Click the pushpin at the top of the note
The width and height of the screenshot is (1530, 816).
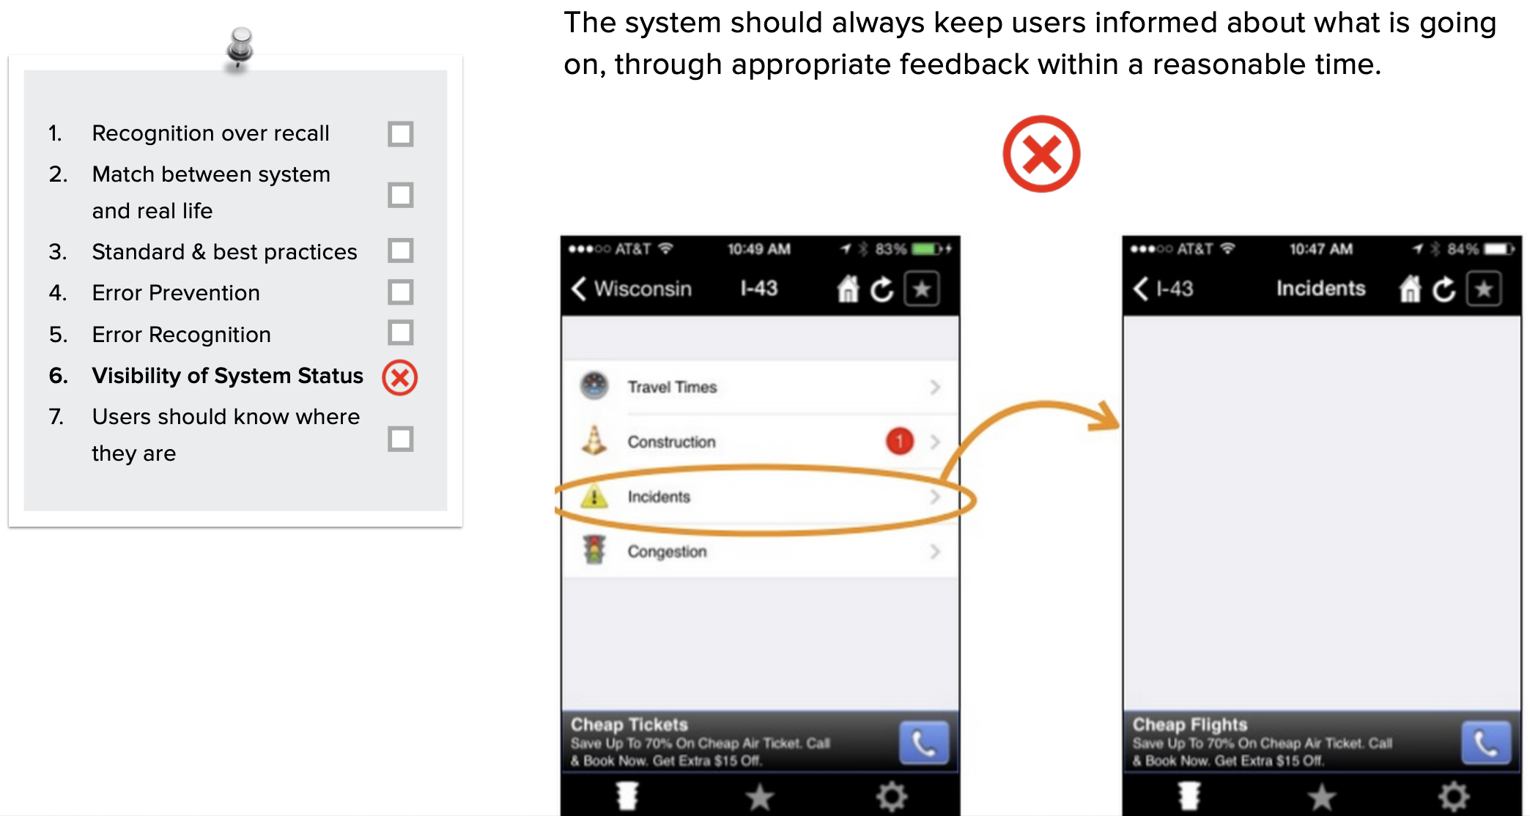click(239, 48)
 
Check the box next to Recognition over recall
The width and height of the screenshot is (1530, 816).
click(401, 134)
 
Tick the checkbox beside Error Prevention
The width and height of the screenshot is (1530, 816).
click(401, 292)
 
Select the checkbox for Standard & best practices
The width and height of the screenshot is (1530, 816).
click(401, 251)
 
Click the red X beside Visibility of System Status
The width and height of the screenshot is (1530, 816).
click(400, 377)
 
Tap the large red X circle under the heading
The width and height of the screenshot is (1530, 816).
click(1041, 154)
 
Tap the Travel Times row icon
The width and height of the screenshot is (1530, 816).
click(594, 386)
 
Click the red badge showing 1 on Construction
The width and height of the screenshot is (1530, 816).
click(900, 441)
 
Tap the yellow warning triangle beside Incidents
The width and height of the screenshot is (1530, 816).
click(594, 497)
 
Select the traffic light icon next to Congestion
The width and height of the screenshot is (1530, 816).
click(594, 550)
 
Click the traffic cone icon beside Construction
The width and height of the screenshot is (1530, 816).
click(594, 440)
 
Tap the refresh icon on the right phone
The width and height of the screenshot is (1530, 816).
click(1444, 289)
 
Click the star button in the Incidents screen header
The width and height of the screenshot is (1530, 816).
click(1484, 289)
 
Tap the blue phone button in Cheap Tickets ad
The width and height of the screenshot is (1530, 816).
click(924, 743)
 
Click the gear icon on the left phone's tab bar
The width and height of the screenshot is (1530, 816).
click(892, 796)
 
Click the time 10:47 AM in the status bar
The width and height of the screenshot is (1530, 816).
click(1321, 249)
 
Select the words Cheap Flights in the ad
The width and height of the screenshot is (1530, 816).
click(1190, 724)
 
